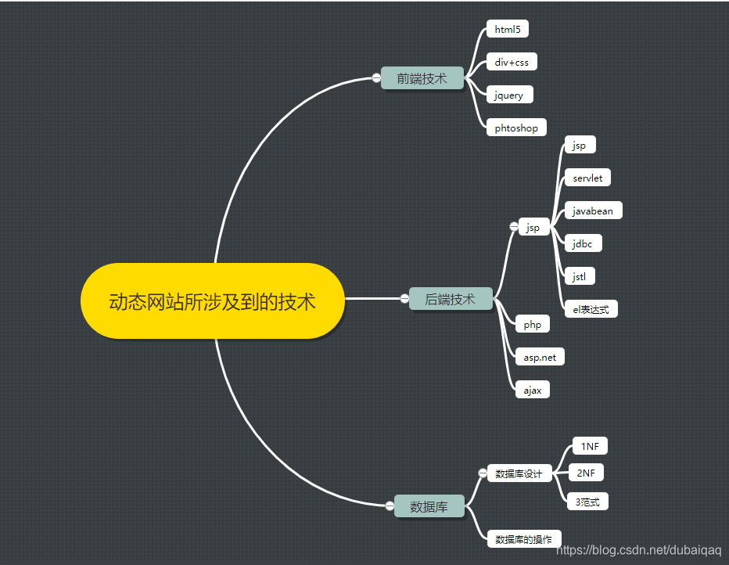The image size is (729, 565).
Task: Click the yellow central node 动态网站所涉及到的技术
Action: (212, 301)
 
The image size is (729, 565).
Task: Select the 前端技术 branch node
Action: (422, 78)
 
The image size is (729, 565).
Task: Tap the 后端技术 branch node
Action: (450, 299)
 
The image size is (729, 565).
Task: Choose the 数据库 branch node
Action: (429, 506)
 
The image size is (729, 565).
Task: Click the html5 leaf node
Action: (508, 30)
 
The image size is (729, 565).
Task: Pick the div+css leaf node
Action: (512, 62)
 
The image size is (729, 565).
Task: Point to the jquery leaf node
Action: (509, 95)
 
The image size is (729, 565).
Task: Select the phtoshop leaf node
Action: (516, 128)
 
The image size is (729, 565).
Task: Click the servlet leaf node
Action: (587, 178)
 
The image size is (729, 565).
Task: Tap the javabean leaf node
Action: (593, 211)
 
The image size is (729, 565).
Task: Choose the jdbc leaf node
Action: (583, 243)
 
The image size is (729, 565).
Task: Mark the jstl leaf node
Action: (580, 276)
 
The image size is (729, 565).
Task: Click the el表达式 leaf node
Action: (591, 309)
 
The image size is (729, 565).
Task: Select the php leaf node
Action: (533, 324)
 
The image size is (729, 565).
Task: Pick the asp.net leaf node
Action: (540, 357)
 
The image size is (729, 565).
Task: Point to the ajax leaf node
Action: (533, 390)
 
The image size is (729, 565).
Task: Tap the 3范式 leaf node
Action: (587, 502)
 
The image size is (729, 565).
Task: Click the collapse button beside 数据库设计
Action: (483, 473)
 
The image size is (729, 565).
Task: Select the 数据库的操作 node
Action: (524, 539)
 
